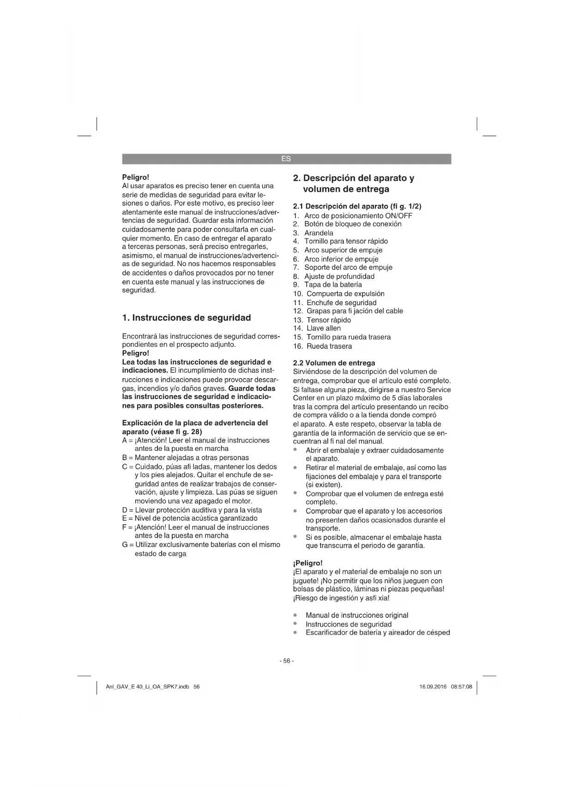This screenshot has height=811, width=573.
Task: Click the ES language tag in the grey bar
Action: coord(286,159)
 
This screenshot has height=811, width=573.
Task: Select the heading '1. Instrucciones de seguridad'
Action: coord(187,318)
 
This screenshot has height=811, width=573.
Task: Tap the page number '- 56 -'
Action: coord(286,661)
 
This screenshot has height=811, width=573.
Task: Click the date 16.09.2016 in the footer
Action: coord(433,687)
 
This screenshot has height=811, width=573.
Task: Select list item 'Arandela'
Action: coord(319,233)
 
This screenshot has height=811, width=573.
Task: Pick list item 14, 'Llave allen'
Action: coord(323,328)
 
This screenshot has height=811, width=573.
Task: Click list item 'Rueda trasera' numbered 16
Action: coord(329,346)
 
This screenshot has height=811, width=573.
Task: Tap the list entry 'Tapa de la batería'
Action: coord(332,285)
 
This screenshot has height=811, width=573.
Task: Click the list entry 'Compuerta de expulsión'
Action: coord(345,294)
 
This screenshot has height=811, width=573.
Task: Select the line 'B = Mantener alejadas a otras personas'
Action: coord(186,458)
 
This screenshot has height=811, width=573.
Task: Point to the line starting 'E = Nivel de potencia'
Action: coord(190,518)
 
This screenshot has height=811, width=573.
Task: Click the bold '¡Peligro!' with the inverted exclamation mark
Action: coord(308,563)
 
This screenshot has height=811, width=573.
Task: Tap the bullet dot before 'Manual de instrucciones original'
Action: coord(295,615)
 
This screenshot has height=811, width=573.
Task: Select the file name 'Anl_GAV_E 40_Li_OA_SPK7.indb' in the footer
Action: coord(147,687)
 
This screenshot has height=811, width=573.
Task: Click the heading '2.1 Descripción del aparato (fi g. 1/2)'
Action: coord(357,206)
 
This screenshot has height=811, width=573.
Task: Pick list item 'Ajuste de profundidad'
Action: coord(339,276)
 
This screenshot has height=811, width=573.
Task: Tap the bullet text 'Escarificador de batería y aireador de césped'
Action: coord(377,633)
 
